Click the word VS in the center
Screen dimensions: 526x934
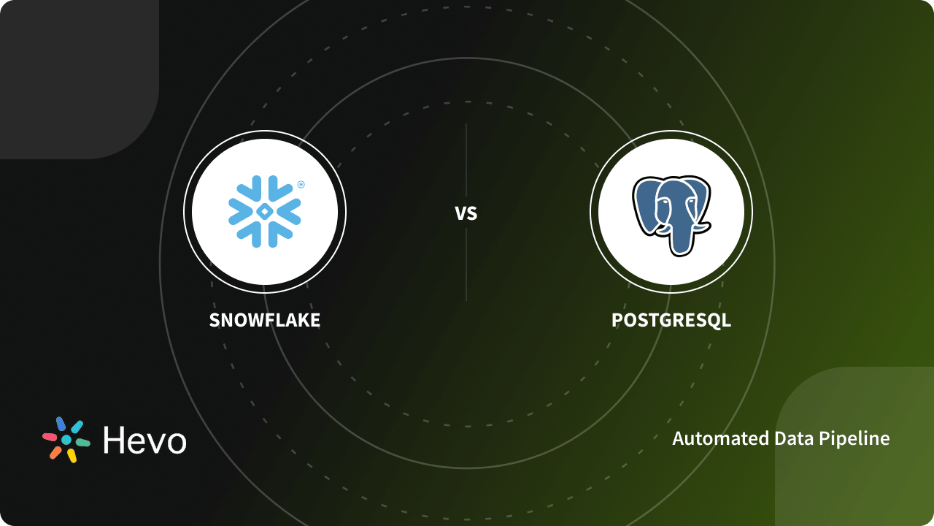point(466,213)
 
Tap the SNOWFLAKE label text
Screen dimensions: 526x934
point(265,320)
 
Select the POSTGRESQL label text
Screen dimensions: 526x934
point(671,320)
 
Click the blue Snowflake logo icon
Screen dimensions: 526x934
point(265,211)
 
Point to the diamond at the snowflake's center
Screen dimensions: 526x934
point(265,211)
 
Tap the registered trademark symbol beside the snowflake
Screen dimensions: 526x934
point(301,184)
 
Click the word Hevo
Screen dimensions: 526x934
point(144,440)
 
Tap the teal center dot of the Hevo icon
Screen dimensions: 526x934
point(66,440)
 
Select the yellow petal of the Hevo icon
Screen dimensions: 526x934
point(72,455)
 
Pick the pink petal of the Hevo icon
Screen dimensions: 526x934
point(50,437)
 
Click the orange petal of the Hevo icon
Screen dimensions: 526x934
point(55,452)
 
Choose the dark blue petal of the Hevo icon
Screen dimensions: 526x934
point(61,424)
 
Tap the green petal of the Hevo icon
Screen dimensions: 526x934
point(82,443)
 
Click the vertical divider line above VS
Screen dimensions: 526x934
point(466,161)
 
